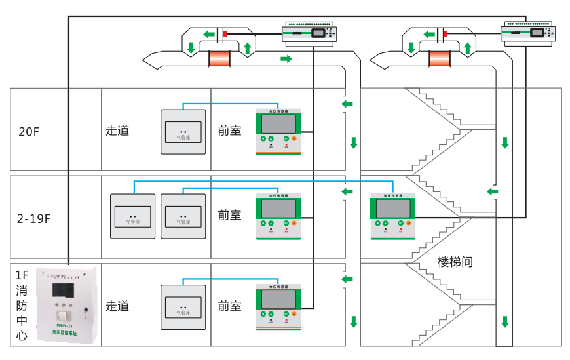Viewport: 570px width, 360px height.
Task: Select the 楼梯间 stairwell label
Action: click(455, 262)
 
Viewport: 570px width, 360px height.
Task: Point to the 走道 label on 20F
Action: click(117, 130)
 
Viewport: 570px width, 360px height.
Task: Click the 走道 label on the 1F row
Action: click(117, 306)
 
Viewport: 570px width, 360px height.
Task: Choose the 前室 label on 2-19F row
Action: click(229, 215)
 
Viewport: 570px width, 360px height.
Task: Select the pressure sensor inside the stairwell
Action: click(392, 214)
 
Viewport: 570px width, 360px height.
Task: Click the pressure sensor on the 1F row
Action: click(278, 306)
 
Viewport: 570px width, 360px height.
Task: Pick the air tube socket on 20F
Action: click(183, 132)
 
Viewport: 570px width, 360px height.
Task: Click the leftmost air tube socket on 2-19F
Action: click(132, 216)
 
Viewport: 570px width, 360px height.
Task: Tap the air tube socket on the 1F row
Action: click(183, 307)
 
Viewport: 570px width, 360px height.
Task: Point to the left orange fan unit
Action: click(220, 59)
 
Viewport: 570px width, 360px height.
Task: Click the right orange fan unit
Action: click(440, 59)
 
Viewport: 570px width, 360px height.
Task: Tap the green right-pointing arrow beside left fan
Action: click(286, 60)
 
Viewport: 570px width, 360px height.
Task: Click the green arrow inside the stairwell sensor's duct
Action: click(491, 191)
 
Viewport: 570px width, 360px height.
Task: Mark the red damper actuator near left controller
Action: click(225, 34)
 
